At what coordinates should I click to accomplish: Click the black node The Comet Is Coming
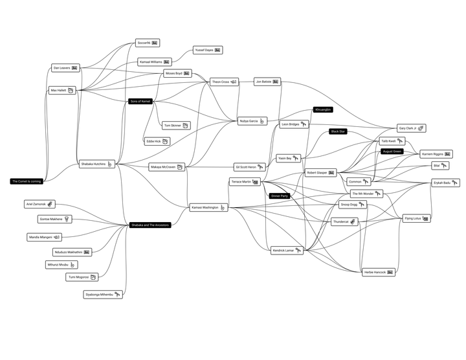pos(27,181)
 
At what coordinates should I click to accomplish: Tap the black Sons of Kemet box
pos(140,101)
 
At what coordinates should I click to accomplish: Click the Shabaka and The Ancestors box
pos(150,225)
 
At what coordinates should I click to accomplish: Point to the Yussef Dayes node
pos(208,50)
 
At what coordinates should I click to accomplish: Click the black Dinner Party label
pos(280,196)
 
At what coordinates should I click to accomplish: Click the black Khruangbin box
pos(323,109)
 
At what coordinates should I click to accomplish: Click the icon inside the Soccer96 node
pos(155,43)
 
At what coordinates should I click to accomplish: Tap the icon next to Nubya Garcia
pos(262,121)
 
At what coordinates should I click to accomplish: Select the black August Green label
pos(392,151)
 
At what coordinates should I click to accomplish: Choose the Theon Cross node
pos(224,82)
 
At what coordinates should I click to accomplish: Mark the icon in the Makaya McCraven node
pos(180,167)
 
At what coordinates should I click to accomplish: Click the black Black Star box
pos(338,131)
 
